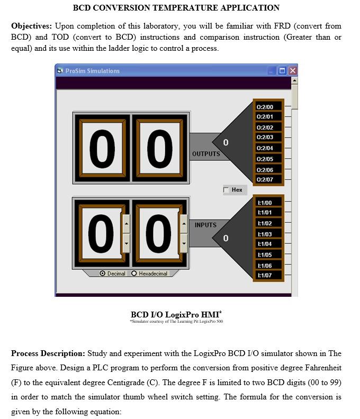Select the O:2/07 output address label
pyautogui.click(x=265, y=180)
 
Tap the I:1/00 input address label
pyautogui.click(x=265, y=203)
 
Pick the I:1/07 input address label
pyautogui.click(x=265, y=276)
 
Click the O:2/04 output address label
pyautogui.click(x=265, y=148)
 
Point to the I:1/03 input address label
pyautogui.click(x=265, y=234)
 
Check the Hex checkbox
pyautogui.click(x=227, y=190)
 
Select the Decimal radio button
pyautogui.click(x=103, y=274)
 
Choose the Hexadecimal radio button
pyautogui.click(x=134, y=274)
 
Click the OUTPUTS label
pyautogui.click(x=206, y=154)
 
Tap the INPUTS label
pyautogui.click(x=205, y=225)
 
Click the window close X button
pyautogui.click(x=292, y=71)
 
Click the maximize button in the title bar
pyautogui.click(x=282, y=71)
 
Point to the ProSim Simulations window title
pyautogui.click(x=92, y=71)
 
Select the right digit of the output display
pyautogui.click(x=159, y=148)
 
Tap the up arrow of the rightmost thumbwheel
pyautogui.click(x=184, y=223)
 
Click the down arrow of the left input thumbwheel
pyautogui.click(x=126, y=243)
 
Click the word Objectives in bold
pyautogui.click(x=31, y=26)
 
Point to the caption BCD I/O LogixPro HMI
pyautogui.click(x=176, y=315)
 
